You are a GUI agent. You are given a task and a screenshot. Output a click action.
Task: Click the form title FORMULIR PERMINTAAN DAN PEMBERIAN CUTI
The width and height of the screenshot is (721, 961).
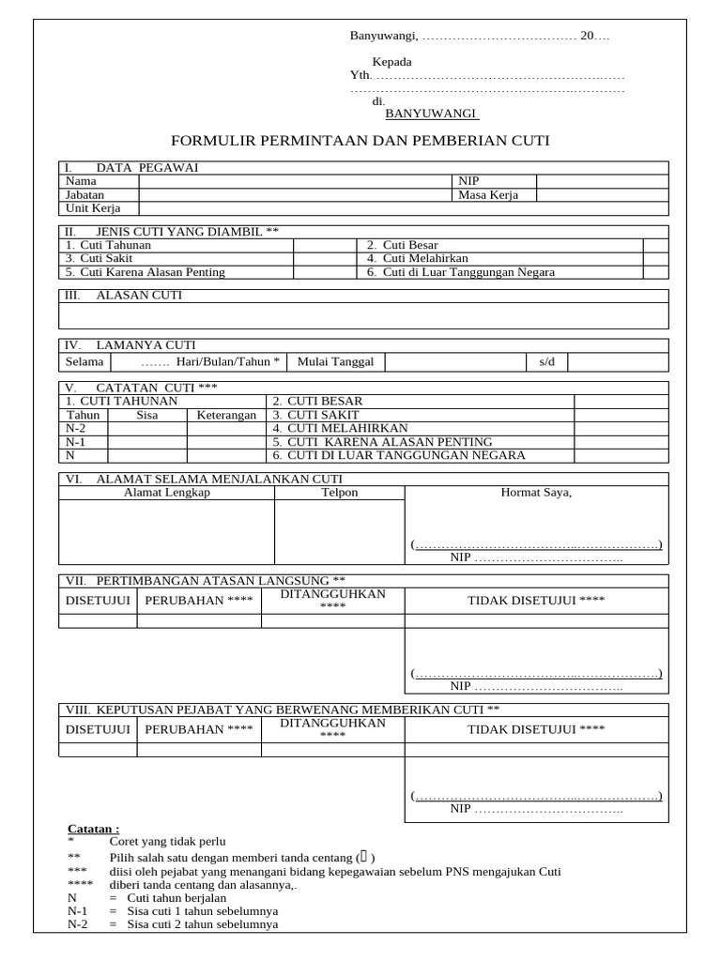point(360,141)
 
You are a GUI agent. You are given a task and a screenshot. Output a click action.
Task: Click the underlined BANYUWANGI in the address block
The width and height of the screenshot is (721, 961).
point(432,114)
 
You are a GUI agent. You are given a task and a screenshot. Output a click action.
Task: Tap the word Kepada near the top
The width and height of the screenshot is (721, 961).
point(391,62)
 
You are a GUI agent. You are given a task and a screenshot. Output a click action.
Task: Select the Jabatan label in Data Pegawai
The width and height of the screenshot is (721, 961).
point(85,194)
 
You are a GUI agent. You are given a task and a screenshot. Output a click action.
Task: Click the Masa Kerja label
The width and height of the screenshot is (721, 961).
point(488,194)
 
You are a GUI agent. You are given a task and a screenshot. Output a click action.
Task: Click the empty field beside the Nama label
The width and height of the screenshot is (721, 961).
point(295,181)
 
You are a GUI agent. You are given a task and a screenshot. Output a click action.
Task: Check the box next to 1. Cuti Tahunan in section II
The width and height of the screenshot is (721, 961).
point(319,245)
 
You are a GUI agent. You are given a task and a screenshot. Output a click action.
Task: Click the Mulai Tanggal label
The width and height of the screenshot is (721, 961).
point(335,361)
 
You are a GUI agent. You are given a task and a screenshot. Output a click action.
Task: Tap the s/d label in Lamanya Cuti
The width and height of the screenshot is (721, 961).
point(546,361)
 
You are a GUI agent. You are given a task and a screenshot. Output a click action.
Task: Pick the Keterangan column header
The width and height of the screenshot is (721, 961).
point(225,415)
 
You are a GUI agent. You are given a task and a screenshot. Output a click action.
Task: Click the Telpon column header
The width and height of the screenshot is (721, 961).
point(339,493)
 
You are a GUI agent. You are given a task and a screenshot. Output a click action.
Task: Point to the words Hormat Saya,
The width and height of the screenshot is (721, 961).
point(536,493)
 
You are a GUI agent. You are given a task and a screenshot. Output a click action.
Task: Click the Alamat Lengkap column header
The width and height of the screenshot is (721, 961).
point(167,493)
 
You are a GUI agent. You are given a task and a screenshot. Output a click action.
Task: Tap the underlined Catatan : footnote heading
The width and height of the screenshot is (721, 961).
point(94,829)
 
